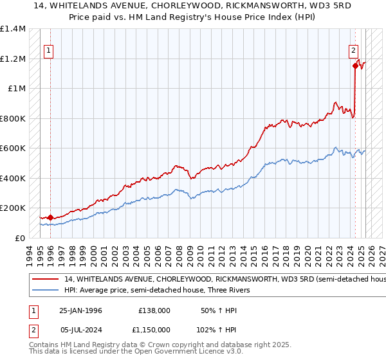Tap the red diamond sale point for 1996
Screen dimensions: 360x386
pyautogui.click(x=50, y=217)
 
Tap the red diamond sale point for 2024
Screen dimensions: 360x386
pyautogui.click(x=355, y=65)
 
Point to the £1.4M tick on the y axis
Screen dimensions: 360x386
pyautogui.click(x=13, y=29)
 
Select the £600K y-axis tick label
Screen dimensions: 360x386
pyautogui.click(x=12, y=148)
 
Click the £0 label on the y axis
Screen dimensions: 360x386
pyautogui.click(x=20, y=238)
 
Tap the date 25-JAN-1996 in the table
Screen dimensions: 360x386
pyautogui.click(x=80, y=310)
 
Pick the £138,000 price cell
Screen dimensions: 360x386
pyautogui.click(x=154, y=310)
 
